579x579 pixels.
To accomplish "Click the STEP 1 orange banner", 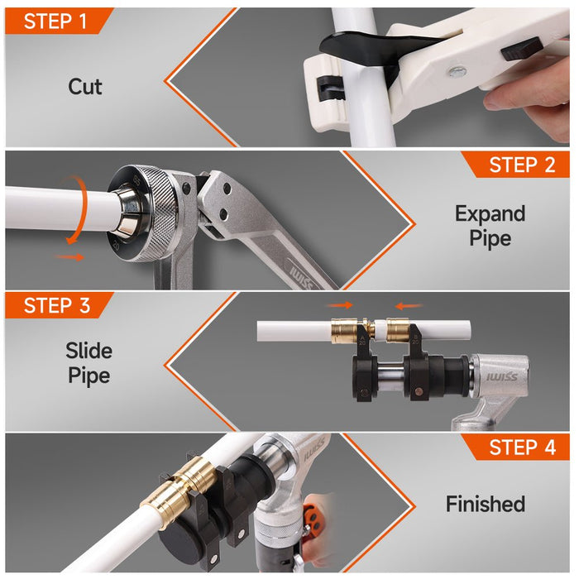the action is [57, 21].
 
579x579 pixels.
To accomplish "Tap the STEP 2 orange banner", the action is [517, 165].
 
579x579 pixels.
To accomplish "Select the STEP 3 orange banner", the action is [57, 305].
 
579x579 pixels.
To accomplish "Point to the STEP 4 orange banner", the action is [517, 447].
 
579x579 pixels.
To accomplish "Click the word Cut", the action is [85, 87].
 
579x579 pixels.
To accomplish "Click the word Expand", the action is [490, 214].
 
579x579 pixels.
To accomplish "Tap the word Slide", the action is [89, 351].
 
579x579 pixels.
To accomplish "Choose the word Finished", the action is [486, 504].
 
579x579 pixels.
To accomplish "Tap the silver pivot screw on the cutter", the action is [457, 71].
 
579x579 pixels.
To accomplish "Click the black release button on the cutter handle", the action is [520, 49].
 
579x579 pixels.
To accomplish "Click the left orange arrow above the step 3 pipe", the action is [340, 305].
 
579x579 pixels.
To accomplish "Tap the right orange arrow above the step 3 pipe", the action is [409, 306].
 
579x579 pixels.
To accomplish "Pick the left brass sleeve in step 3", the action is [344, 330].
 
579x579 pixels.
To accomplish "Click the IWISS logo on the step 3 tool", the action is [501, 377].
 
